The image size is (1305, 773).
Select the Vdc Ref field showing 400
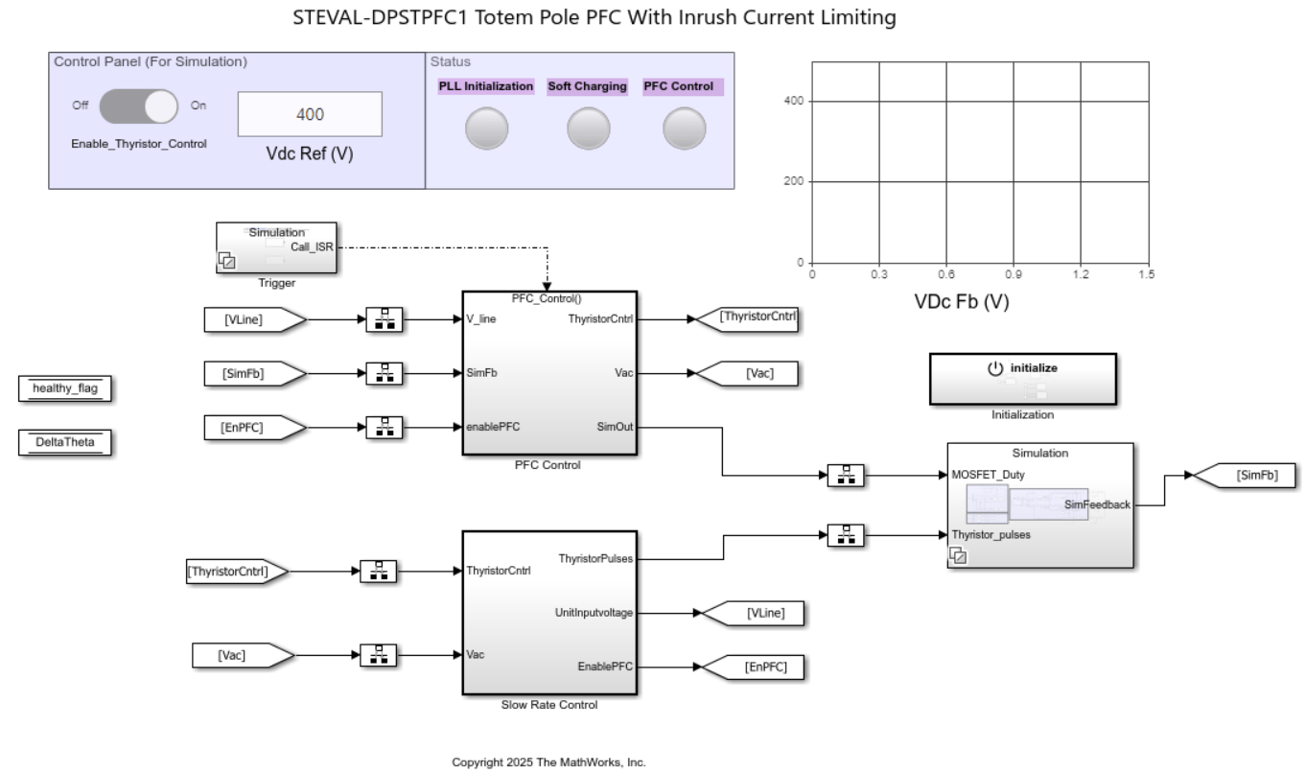pos(309,114)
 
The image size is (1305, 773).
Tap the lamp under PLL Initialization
pos(486,128)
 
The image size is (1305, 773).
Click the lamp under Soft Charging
pos(588,128)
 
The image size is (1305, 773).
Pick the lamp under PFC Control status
pos(684,128)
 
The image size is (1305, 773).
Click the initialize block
pos(1022,380)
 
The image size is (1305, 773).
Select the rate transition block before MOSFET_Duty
pos(846,475)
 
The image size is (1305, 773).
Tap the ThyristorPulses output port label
pos(595,557)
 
